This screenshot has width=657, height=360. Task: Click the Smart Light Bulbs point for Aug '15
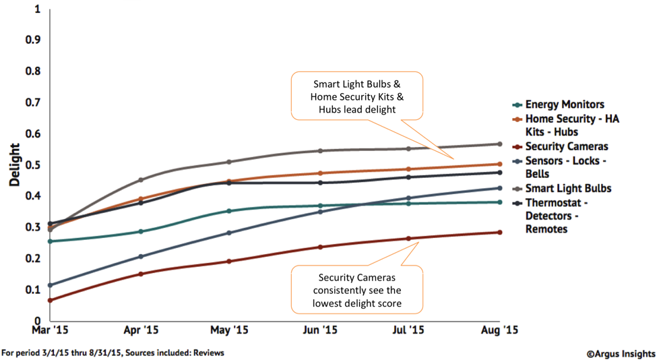499,144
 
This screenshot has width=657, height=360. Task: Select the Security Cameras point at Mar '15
51,300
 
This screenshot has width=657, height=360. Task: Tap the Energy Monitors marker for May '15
229,211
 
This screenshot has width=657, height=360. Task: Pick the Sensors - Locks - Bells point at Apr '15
141,257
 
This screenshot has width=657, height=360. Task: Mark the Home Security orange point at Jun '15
319,173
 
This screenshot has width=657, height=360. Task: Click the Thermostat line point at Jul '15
408,177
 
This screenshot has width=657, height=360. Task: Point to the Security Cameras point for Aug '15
499,233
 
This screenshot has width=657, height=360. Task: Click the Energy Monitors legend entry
564,104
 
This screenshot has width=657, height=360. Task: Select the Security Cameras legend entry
568,146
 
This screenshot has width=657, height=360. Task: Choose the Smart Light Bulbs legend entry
568,188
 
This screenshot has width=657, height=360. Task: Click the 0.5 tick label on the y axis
32,165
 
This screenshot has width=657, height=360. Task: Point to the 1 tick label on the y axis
37,9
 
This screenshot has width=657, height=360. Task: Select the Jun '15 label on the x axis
319,330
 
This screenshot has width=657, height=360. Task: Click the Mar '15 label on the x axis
51,330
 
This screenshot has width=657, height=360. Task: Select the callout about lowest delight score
356,290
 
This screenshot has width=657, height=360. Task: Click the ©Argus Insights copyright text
619,353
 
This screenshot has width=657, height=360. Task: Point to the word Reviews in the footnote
209,353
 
